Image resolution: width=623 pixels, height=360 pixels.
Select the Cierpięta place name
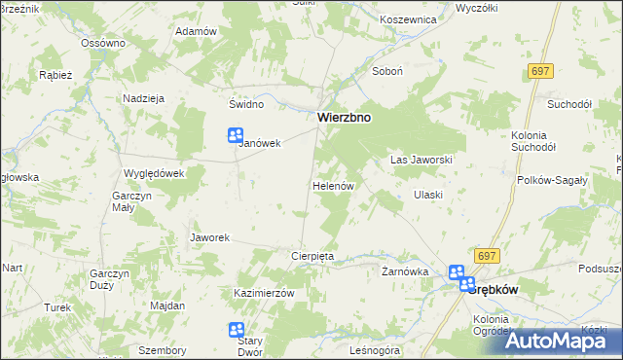coord(312,256)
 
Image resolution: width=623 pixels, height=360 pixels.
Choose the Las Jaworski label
coord(421,159)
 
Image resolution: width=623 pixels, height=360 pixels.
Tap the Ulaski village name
coord(427,195)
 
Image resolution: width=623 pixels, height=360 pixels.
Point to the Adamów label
coord(195,31)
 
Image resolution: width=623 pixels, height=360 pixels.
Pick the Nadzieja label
coord(142,98)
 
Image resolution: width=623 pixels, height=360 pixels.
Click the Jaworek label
coord(209,237)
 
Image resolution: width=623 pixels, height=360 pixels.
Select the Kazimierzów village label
coord(264,293)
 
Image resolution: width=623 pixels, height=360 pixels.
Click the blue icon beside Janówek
coord(235,137)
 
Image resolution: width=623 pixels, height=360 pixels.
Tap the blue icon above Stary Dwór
coord(236,331)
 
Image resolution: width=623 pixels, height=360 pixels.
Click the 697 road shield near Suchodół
coord(543,72)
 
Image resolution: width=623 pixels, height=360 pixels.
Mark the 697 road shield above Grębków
coord(488,255)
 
